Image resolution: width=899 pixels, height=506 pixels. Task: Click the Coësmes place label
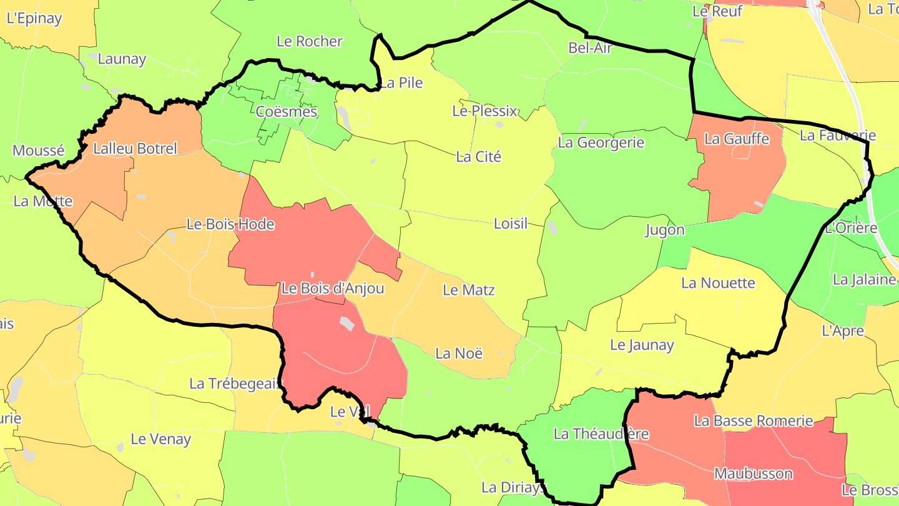(x=287, y=112)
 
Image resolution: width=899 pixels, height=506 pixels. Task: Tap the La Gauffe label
(x=737, y=139)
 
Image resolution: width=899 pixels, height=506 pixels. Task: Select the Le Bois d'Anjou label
(x=332, y=289)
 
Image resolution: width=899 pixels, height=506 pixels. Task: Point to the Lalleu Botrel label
(x=135, y=149)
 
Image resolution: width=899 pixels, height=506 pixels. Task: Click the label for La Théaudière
(x=601, y=434)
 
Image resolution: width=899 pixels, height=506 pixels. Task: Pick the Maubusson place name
(x=754, y=474)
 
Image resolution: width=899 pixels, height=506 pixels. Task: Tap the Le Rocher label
(x=310, y=41)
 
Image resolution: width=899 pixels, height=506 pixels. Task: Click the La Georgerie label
(x=601, y=142)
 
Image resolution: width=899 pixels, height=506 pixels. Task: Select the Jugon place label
(x=664, y=230)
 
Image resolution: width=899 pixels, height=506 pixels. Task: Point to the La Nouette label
(x=718, y=283)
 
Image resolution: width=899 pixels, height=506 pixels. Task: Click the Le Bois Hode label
(x=230, y=224)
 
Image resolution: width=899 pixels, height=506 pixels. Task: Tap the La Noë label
(x=459, y=353)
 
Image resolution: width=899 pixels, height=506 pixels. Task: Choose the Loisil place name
(x=510, y=223)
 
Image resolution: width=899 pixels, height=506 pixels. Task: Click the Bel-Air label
(x=590, y=47)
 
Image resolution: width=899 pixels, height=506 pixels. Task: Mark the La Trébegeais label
(x=236, y=384)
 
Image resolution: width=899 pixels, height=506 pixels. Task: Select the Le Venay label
(x=160, y=439)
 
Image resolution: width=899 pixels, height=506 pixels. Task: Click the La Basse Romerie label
(x=753, y=420)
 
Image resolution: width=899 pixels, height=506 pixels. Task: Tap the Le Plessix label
(x=484, y=111)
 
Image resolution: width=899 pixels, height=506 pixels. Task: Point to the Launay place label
(x=122, y=59)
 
